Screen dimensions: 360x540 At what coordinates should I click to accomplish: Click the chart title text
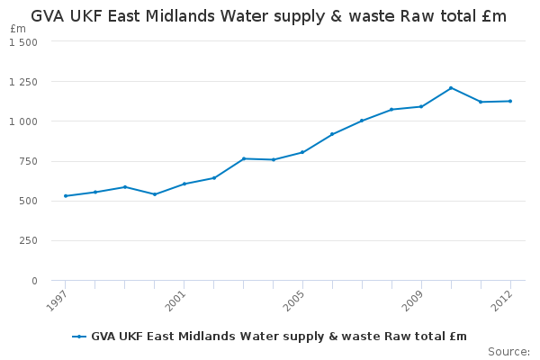268,16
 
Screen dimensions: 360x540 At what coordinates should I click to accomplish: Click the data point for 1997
66,195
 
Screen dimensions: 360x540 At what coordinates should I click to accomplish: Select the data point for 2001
184,184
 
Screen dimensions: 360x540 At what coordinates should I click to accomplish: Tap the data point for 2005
302,152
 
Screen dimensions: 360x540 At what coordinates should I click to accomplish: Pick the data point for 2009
421,106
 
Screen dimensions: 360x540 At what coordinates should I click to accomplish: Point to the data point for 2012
510,101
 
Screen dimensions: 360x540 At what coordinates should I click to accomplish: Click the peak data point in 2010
451,87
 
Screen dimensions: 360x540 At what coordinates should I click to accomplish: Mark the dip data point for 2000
155,194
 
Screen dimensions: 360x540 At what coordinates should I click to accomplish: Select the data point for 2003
244,158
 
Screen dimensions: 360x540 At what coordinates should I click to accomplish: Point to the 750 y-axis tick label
29,161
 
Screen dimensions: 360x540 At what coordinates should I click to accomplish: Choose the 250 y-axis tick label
29,241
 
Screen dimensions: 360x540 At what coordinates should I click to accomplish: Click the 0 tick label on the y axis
34,281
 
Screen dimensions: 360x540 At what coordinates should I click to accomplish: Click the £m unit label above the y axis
18,29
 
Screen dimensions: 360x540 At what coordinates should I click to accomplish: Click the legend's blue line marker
79,337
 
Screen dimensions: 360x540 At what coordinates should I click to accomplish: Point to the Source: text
508,351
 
